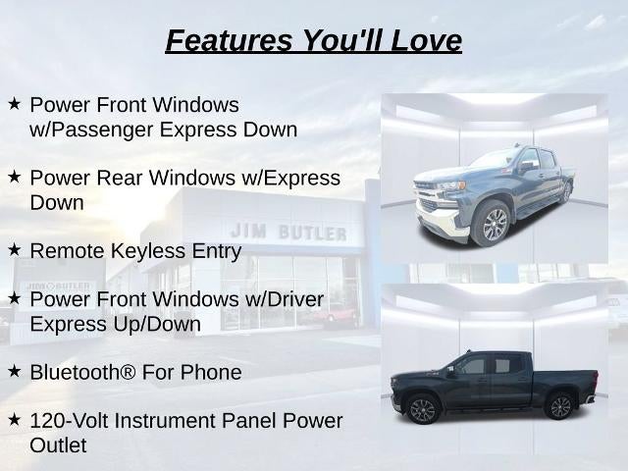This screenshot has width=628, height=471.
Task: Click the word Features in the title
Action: (229, 40)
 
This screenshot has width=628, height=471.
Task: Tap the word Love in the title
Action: (426, 40)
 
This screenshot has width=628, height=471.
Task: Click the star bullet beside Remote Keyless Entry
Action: (14, 250)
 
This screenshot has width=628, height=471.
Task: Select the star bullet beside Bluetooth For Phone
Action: (14, 371)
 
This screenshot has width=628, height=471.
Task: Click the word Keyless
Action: (148, 251)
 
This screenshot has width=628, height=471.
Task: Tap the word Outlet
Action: (58, 445)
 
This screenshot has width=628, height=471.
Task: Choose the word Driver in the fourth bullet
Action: (295, 299)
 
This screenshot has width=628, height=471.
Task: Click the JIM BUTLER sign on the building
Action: (288, 232)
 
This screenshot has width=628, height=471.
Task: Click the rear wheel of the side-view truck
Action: (559, 406)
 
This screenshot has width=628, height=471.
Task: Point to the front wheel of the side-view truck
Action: (422, 409)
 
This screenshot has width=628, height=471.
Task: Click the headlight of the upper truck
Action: (452, 185)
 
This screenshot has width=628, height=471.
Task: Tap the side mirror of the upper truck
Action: (526, 166)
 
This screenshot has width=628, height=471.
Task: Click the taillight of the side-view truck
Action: (596, 379)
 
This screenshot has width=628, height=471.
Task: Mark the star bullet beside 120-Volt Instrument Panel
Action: (14, 420)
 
